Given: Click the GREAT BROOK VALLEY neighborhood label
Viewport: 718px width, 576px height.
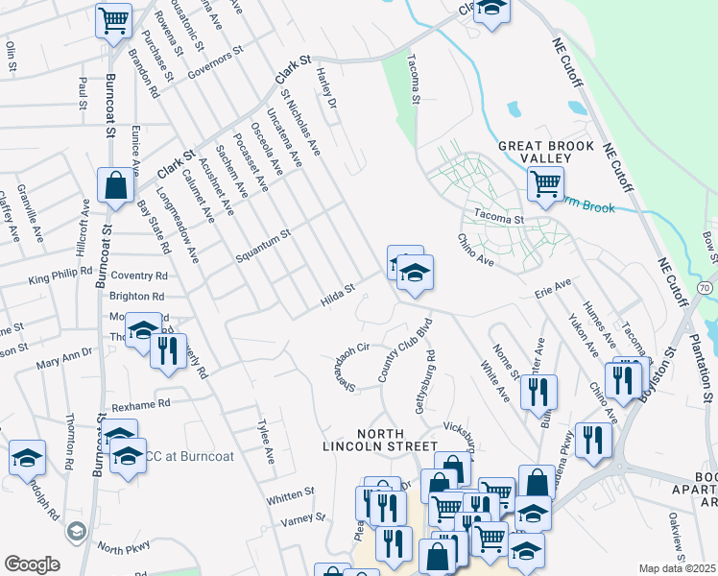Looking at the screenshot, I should coord(540,152).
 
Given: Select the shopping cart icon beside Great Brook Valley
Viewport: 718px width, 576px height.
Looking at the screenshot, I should coord(545,182).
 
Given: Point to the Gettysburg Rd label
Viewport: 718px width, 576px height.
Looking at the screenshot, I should coord(425,382).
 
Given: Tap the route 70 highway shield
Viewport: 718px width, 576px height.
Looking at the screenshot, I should coord(706,287).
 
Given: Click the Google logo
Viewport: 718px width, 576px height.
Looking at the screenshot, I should coord(32,564).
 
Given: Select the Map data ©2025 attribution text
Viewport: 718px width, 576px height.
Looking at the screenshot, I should coord(677,568).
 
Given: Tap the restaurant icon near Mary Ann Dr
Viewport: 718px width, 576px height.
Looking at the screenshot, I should coord(169,350).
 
